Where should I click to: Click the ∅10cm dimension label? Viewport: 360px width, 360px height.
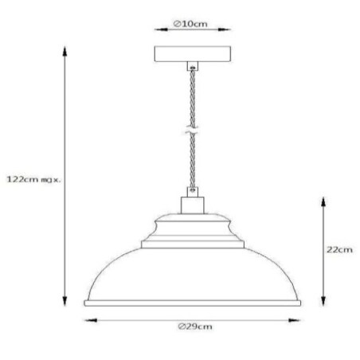tap(190, 25)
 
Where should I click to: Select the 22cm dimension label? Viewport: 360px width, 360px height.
tap(341, 249)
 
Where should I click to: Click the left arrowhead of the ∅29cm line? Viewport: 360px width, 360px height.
tap(86, 321)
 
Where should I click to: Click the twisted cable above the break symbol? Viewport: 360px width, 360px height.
tap(191, 100)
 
